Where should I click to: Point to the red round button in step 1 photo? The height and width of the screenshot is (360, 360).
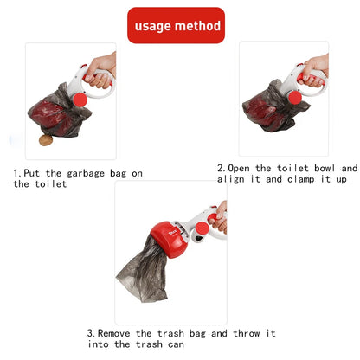pos(81,101)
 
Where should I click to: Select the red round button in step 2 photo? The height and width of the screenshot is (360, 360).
pos(294,98)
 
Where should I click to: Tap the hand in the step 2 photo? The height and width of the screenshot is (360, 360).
pos(316,66)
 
